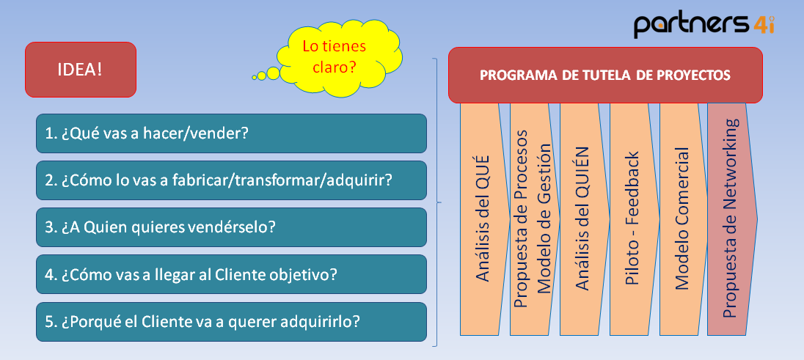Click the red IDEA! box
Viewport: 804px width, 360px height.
point(81,70)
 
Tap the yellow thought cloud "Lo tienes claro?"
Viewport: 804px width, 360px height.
point(334,56)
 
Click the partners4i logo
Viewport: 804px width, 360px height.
point(703,23)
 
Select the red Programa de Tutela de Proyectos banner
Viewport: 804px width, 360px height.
point(604,75)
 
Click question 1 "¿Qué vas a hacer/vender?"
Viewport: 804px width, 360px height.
point(231,133)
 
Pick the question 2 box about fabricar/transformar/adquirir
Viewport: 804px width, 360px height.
point(231,180)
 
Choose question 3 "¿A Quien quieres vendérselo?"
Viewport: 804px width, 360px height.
point(231,227)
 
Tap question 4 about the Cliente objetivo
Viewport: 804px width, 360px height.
point(231,274)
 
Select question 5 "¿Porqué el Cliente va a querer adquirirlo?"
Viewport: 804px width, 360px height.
point(231,321)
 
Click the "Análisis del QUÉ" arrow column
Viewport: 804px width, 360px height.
point(483,218)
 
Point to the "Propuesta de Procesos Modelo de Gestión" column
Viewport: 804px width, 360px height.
point(533,218)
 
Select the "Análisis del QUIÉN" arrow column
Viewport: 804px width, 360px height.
point(582,218)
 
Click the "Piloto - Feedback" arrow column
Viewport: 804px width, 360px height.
point(632,218)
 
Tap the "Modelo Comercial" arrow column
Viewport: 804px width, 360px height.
point(682,218)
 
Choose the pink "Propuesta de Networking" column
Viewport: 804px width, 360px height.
point(731,218)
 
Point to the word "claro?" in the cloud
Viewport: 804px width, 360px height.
point(335,66)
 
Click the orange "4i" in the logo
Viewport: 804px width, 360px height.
point(764,24)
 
